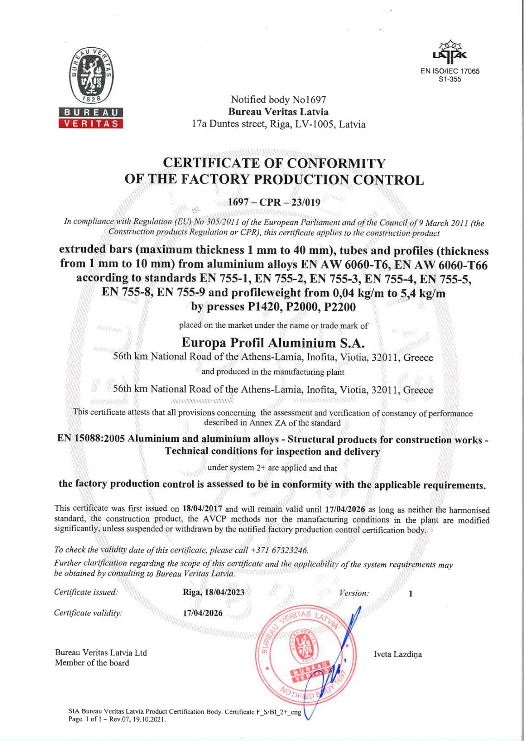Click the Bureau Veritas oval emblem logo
(x=91, y=75)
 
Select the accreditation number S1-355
(x=450, y=79)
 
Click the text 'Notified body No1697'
(x=278, y=100)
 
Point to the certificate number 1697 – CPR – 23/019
(x=274, y=202)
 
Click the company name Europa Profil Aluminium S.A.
(x=273, y=343)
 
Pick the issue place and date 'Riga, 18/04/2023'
(x=214, y=592)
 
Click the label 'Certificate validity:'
(x=88, y=613)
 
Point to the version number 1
(x=410, y=594)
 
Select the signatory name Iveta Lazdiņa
(x=398, y=654)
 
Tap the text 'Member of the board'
(x=92, y=663)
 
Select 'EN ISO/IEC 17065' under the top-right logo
(x=450, y=71)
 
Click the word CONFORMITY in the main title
(x=336, y=163)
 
